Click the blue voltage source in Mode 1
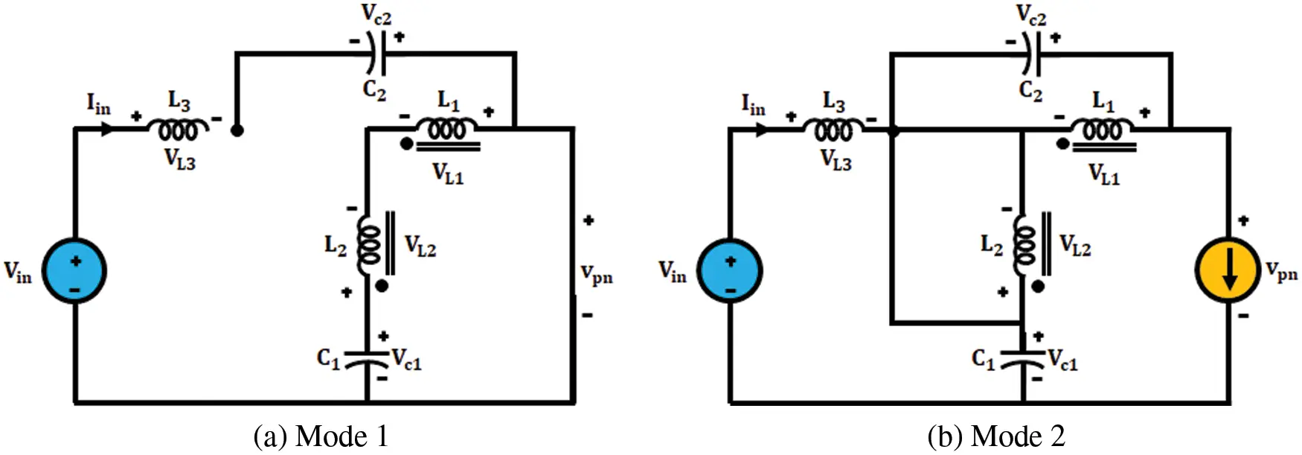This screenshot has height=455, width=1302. pos(74,270)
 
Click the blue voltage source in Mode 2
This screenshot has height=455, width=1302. pos(730,270)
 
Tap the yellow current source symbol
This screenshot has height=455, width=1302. pos(1228,270)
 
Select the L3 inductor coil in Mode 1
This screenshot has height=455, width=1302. pos(179,130)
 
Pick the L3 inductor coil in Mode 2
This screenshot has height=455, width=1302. pos(834,130)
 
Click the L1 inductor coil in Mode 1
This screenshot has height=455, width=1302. pos(447,130)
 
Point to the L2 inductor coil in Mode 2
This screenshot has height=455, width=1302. pos(1024,246)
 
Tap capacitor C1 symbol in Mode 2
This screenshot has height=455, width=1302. pos(1024,360)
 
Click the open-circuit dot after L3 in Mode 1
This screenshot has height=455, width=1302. pos(237,130)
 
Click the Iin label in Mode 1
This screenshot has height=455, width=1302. pos(98,104)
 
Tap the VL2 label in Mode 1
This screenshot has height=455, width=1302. pos(420,246)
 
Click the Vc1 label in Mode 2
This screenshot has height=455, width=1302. pos(1062,360)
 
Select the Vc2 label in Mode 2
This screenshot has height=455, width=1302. pos(1031,15)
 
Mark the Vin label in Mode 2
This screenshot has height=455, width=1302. pos(673,272)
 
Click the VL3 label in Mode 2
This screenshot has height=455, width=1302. pos(836,160)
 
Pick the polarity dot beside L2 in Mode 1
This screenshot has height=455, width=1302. pos(382,286)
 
